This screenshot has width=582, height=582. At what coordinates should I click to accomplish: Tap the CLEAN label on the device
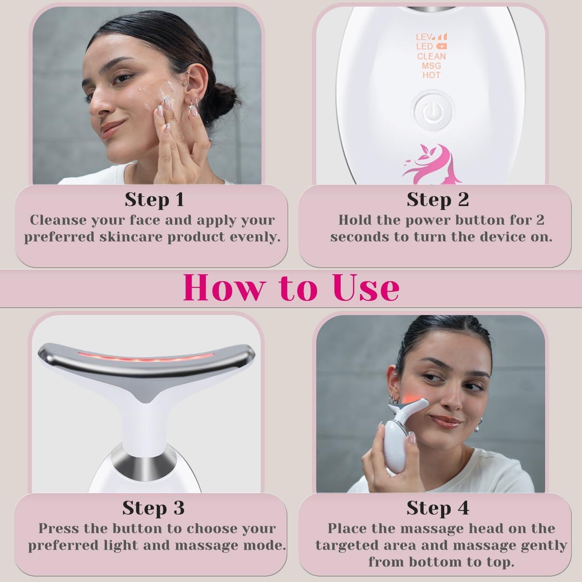click(431, 56)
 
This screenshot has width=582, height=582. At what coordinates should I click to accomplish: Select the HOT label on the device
click(431, 75)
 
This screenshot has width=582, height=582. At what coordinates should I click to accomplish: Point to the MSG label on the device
click(431, 66)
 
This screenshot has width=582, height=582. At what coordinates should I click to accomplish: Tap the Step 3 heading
click(153, 508)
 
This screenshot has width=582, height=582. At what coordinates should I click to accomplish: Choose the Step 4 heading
click(438, 508)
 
